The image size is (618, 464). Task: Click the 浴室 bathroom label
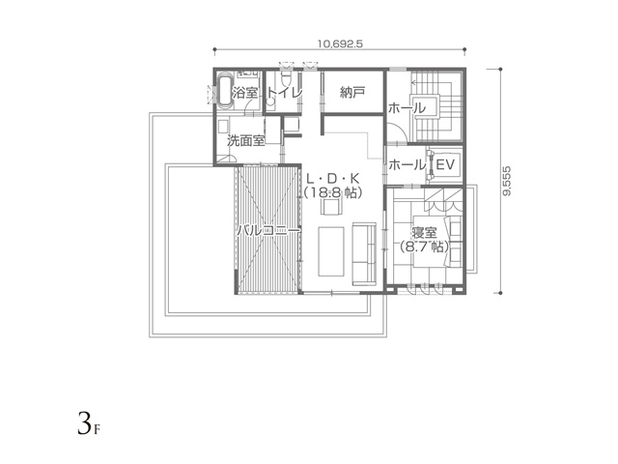244,93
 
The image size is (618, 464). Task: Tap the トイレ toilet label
285,93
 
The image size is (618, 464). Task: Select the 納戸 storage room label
351,93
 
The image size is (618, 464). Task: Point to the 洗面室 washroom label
246,140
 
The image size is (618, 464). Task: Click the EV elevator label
445,164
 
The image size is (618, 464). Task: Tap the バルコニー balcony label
268,230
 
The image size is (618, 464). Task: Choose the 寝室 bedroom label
424,232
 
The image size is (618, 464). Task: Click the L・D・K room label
332,179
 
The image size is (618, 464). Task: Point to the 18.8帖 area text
333,193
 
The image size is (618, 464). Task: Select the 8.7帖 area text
424,247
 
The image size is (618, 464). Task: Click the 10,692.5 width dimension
340,43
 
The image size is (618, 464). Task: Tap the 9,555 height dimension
507,181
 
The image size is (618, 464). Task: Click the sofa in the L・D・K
364,253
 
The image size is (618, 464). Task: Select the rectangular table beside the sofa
331,251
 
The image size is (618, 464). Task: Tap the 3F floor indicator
89,423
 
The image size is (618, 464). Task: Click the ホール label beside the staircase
407,107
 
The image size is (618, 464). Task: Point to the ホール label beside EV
407,165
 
